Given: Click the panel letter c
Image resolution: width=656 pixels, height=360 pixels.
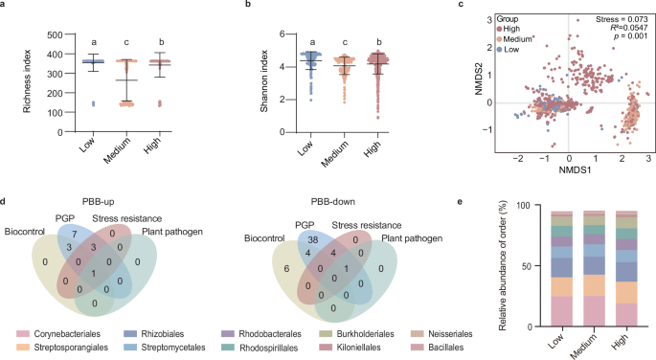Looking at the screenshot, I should (464, 6).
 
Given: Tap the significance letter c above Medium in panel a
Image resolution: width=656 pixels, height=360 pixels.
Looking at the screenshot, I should (120, 43).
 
